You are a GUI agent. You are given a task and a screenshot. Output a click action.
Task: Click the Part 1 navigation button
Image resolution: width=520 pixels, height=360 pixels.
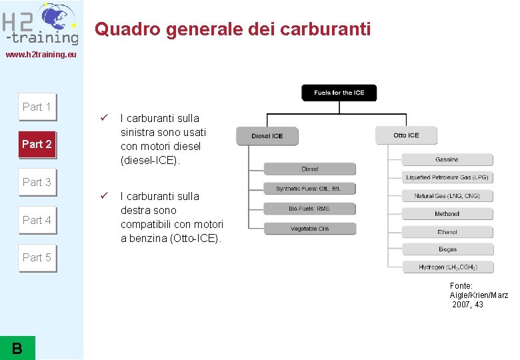point(37,107)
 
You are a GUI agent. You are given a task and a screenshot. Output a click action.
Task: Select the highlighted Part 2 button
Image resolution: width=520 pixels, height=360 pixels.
point(37,144)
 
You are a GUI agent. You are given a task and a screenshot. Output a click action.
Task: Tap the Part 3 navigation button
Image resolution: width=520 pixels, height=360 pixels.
point(37,182)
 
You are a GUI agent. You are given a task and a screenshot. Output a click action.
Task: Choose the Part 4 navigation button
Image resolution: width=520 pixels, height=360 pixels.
point(37,220)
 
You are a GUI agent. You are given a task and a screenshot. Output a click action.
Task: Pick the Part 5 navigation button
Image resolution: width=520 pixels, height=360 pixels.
point(37,257)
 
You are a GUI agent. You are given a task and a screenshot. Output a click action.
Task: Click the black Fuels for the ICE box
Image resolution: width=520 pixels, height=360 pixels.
point(339,93)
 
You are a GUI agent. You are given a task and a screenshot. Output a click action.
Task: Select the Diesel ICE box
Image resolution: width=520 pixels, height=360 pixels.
point(267,136)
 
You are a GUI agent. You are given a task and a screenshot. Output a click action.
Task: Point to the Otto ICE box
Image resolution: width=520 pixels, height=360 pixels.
point(406,135)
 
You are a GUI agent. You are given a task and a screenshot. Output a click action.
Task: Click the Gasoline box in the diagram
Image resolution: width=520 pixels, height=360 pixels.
point(447,160)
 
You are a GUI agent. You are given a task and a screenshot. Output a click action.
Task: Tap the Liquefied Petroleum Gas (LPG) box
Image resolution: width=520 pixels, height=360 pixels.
point(447,177)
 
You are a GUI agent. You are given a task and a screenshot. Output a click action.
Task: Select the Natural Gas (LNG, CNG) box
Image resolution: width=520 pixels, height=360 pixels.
point(447,196)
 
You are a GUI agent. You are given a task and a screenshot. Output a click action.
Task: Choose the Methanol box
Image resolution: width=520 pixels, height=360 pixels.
point(447,214)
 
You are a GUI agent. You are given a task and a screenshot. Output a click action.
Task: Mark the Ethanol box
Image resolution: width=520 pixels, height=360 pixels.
point(447,232)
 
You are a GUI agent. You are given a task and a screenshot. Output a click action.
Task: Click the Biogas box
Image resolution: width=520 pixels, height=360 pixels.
point(447,249)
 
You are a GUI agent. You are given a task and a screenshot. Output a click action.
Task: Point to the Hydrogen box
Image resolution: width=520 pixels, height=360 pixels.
point(447,267)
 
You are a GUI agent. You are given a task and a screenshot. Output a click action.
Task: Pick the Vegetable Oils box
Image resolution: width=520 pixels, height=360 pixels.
point(309,229)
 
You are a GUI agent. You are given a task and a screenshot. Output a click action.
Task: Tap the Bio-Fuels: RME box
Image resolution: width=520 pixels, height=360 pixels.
point(309,209)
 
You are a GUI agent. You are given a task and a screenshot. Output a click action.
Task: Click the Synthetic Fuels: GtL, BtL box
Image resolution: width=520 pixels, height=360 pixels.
point(309,189)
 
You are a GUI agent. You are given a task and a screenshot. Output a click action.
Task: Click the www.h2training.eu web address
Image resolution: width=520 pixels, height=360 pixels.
point(41,54)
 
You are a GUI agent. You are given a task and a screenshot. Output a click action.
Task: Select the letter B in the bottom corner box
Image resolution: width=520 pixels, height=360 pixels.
point(17,347)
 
